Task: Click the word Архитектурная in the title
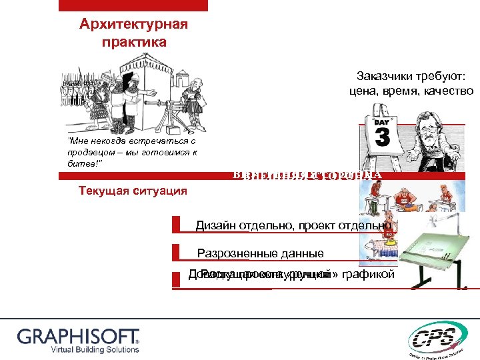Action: tap(133, 25)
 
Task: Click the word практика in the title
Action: tap(133, 42)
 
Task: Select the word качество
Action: tap(448, 91)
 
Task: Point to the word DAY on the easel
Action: tap(381, 123)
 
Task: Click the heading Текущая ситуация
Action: tap(133, 191)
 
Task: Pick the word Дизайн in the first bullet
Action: tap(215, 225)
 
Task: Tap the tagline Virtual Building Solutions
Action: tap(79, 349)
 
